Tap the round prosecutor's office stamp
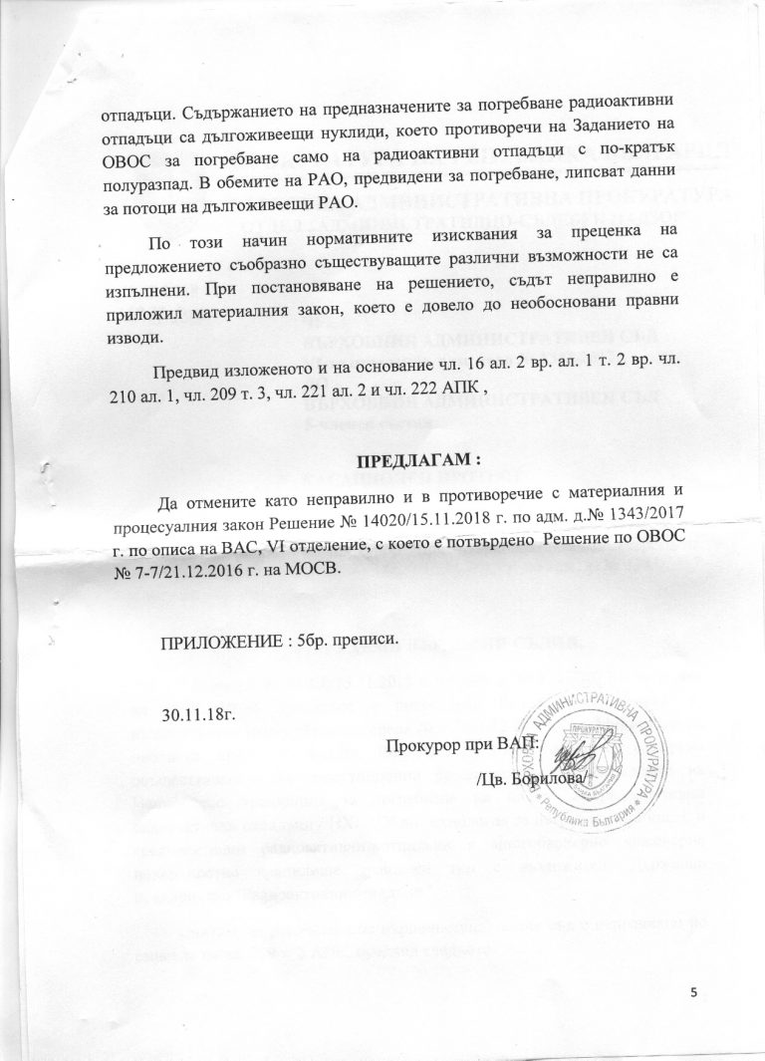point(593,751)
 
